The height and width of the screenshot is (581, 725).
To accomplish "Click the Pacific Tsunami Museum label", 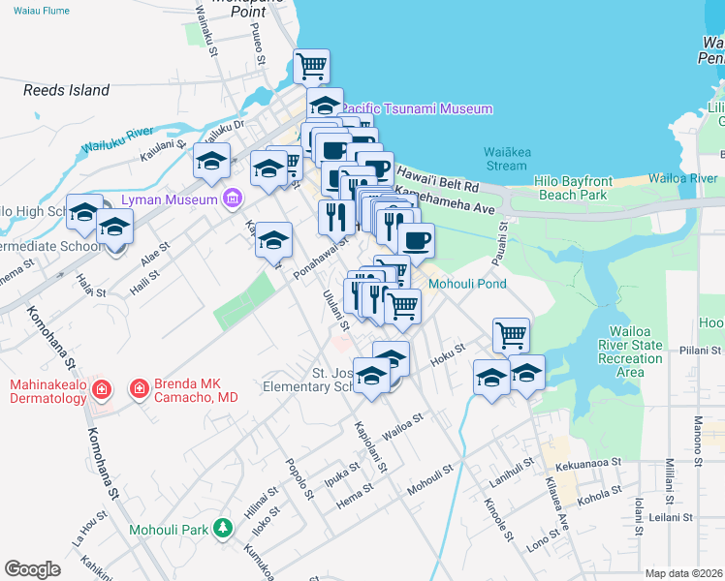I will click(x=418, y=109).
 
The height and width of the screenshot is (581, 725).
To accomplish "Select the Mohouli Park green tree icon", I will click(x=224, y=529).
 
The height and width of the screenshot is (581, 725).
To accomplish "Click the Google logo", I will click(x=32, y=568).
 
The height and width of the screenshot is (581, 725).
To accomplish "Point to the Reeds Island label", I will click(x=67, y=90).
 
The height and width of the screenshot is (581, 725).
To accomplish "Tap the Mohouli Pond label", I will click(x=466, y=285).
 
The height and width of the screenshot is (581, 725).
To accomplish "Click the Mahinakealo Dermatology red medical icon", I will click(x=101, y=390).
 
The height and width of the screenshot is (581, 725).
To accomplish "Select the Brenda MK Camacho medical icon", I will click(x=140, y=389).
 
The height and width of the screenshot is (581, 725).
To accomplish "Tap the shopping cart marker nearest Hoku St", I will click(x=511, y=335).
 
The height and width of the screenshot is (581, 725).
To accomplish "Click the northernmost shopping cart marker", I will click(x=311, y=67).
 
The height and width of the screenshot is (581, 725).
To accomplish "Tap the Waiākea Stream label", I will click(x=506, y=158).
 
